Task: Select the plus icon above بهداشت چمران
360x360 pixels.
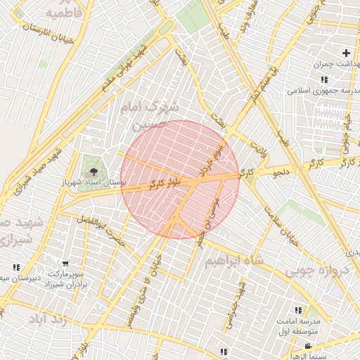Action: coord(345,53)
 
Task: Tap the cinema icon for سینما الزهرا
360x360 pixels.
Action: coord(309,346)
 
